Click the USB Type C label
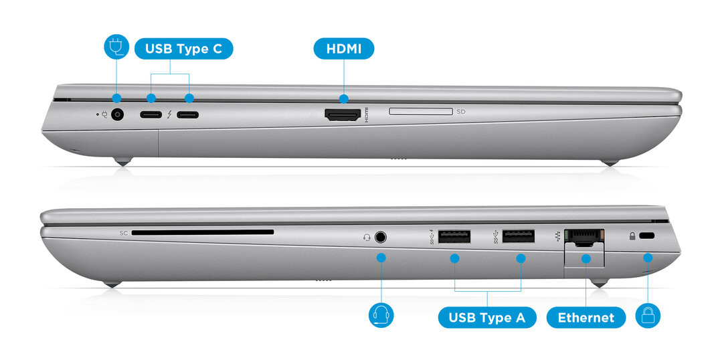tap(184, 49)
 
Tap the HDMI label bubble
tap(344, 49)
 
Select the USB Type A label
tap(486, 317)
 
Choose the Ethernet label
tap(586, 317)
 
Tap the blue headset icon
tap(381, 315)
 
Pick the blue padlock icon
tap(648, 315)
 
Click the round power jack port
tap(118, 114)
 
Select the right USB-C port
tap(188, 114)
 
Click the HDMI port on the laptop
tap(343, 114)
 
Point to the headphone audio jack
tap(381, 236)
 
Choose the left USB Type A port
tap(454, 236)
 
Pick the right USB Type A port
tap(519, 236)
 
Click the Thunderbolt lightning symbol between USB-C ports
tap(170, 114)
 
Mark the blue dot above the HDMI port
tap(344, 98)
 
